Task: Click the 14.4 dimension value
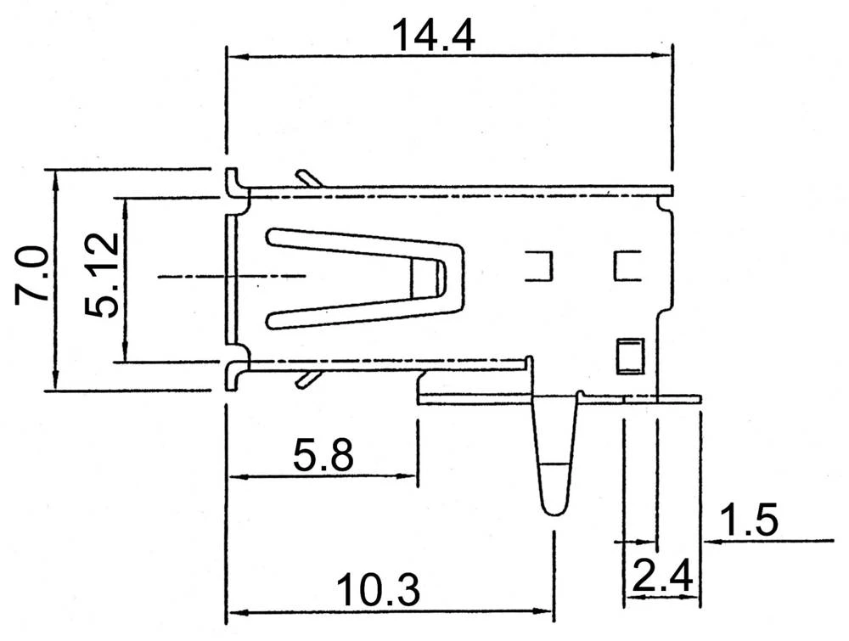pyautogui.click(x=432, y=36)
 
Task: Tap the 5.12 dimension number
pyautogui.click(x=104, y=277)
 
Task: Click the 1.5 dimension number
pyautogui.click(x=748, y=520)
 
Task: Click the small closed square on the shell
pyautogui.click(x=628, y=356)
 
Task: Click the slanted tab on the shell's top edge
pyautogui.click(x=307, y=177)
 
